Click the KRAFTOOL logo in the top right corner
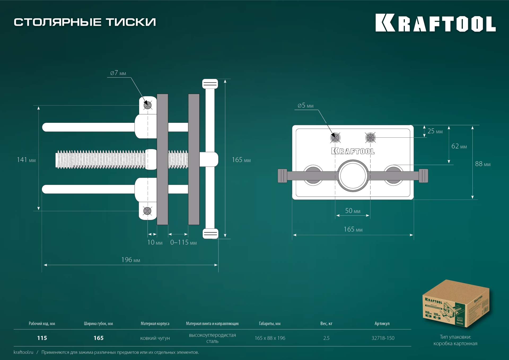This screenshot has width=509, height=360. click(x=435, y=23)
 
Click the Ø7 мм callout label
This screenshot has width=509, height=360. click(x=118, y=73)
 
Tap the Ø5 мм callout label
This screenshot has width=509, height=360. click(x=305, y=106)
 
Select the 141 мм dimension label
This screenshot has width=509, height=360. click(x=26, y=160)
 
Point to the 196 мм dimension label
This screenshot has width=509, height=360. click(x=130, y=260)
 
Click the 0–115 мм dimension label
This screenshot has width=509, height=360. click(x=183, y=242)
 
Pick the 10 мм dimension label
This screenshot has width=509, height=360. click(x=155, y=242)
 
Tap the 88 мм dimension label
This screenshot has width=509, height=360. click(x=482, y=164)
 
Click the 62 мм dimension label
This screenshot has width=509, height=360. click(x=459, y=146)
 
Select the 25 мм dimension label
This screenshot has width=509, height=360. click(x=435, y=131)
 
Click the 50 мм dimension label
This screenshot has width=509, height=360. click(x=353, y=211)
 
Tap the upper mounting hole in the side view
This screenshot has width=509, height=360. click(x=147, y=105)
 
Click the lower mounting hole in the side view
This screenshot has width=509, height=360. click(x=147, y=211)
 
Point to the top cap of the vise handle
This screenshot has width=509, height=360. click(x=210, y=84)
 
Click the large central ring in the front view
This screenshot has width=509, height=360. click(x=353, y=176)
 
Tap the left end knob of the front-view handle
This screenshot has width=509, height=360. click(x=282, y=176)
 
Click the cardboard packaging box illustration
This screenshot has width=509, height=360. click(x=455, y=304)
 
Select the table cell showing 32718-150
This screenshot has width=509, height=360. click(x=383, y=338)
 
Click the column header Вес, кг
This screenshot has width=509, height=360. click(x=326, y=323)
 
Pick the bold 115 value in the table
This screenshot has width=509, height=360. click(x=42, y=338)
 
